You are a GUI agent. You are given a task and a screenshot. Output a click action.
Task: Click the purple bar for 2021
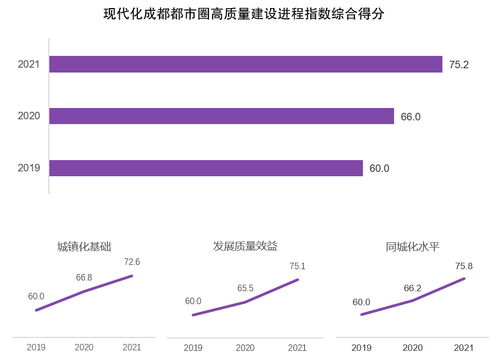coord(245,64)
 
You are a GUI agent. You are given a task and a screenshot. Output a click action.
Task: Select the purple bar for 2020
coord(221,116)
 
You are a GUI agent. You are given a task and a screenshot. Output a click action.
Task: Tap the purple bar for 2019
coord(206,168)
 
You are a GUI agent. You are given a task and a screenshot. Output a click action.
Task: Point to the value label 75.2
coord(459,65)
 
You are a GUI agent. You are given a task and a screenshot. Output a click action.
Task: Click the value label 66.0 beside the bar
coord(410,117)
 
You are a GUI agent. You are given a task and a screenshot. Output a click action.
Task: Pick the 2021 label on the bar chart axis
coord(29,64)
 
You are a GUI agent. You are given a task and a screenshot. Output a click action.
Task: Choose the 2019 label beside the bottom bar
coord(29,168)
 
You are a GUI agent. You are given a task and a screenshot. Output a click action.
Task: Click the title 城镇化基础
coord(84,247)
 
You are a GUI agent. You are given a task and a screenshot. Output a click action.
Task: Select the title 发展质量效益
coord(245,246)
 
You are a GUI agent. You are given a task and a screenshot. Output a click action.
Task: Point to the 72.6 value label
coord(132,262)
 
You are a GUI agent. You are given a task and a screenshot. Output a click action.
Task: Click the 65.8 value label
coord(84,278)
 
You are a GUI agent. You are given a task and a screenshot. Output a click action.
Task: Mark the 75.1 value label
coord(297,266)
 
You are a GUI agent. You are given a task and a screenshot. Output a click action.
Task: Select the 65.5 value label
coord(245,289)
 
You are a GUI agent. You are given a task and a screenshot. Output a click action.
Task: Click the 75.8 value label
coord(463,266)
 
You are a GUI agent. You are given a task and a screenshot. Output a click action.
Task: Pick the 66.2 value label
coord(413,289)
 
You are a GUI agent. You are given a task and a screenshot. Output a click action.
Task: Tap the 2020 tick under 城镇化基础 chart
coord(84,348)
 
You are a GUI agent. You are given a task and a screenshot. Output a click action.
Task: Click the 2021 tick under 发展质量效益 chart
coord(297,348)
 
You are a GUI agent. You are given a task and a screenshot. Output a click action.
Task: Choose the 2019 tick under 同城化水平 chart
coord(361,348)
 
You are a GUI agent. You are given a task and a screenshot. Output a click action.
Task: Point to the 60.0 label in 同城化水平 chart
coord(361,303)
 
